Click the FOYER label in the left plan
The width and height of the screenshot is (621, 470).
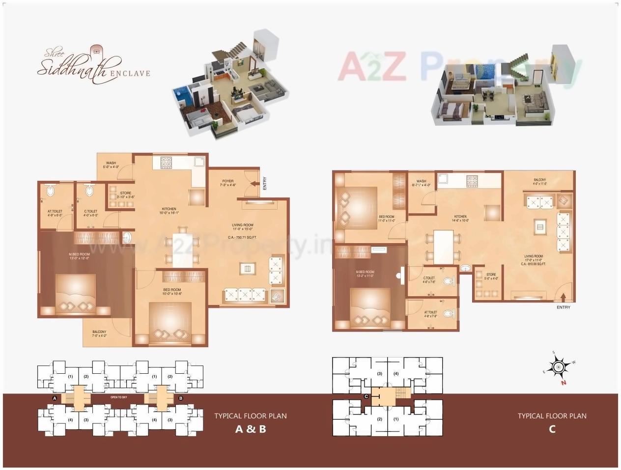227,181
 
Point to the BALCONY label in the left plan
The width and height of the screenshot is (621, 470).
99,332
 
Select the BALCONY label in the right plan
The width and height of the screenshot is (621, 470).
539,180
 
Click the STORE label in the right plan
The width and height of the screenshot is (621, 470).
491,275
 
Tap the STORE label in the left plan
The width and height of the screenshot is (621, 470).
125,193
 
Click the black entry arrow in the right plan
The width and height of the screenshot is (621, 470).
564,297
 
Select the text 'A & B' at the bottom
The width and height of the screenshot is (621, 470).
251,429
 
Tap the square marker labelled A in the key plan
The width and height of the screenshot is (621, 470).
55,398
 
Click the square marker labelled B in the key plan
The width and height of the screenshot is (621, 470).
181,398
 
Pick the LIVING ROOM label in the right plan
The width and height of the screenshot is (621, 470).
533,256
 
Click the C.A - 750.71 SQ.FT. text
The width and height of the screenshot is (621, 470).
245,237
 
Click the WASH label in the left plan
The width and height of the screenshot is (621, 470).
111,163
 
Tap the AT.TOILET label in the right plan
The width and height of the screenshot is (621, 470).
430,312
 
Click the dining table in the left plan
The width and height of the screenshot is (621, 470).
182,250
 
